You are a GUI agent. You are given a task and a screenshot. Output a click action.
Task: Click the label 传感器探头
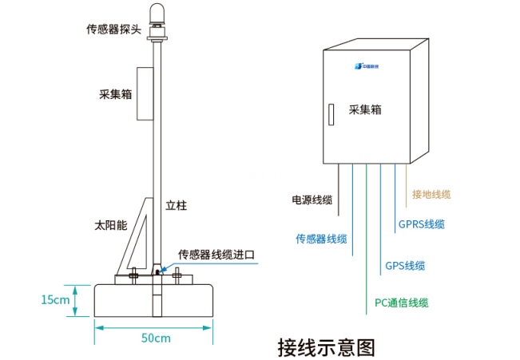pyautogui.click(x=113, y=30)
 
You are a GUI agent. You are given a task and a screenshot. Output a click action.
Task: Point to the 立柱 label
pyautogui.click(x=176, y=205)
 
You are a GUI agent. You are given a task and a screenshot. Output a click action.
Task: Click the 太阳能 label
pyautogui.click(x=110, y=226)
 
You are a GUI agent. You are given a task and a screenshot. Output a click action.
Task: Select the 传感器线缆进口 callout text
pyautogui.click(x=216, y=255)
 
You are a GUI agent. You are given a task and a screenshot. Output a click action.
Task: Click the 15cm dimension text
pyautogui.click(x=55, y=300)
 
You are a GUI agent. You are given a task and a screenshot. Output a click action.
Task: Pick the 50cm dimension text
pyautogui.click(x=156, y=338)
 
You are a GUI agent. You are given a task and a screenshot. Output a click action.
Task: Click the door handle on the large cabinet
pyautogui.click(x=327, y=113)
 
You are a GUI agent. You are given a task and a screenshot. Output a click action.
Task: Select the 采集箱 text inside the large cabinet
pyautogui.click(x=365, y=110)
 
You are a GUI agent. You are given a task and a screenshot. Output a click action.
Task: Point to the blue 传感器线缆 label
pyautogui.click(x=322, y=239)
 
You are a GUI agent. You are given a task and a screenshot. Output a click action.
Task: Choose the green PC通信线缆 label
pyautogui.click(x=402, y=303)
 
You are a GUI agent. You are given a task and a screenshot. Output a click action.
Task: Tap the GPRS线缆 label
pyautogui.click(x=422, y=224)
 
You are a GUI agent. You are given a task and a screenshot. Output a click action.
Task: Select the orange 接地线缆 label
pyautogui.click(x=431, y=194)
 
